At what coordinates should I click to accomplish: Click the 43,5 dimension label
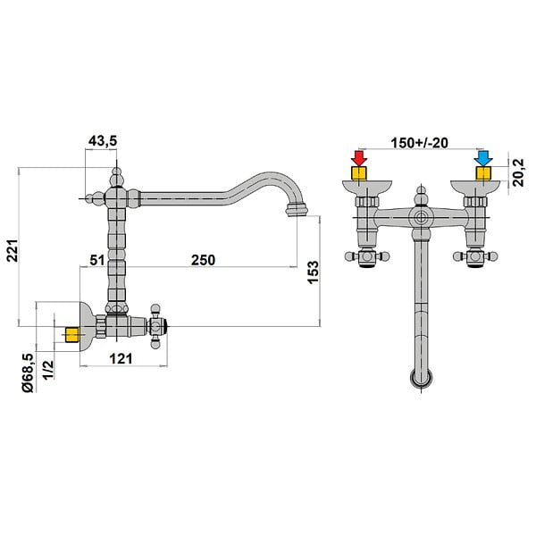click(103, 140)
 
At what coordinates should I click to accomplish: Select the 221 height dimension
click(13, 250)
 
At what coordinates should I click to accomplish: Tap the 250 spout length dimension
click(204, 260)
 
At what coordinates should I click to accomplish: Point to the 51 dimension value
click(97, 260)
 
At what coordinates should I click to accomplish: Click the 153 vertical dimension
click(314, 272)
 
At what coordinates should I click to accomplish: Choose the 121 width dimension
click(121, 358)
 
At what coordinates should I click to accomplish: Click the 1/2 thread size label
click(48, 370)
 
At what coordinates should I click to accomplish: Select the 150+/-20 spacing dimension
click(420, 143)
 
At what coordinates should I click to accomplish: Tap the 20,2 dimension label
click(519, 172)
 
